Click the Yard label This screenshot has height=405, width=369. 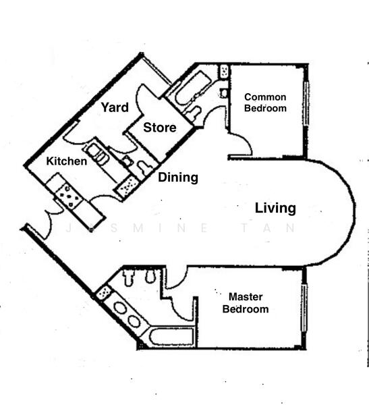coord(115,107)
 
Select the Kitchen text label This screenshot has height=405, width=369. coord(66,161)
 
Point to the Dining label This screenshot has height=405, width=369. coord(178,178)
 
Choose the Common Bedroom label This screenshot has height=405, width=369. coord(265,103)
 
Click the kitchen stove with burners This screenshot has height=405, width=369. coord(68,195)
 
